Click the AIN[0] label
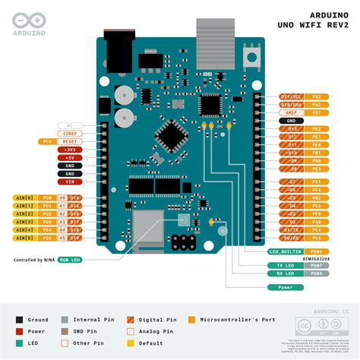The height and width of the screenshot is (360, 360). coord(24,197)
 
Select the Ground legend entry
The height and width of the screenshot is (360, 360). coord(35,321)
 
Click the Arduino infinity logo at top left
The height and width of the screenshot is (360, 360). coord(27,21)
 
